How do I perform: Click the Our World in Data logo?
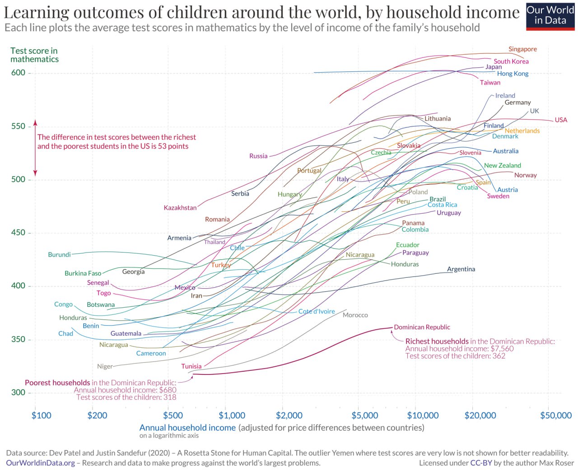[x=550, y=16]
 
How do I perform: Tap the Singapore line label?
[x=522, y=49]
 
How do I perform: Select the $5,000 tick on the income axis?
[x=364, y=416]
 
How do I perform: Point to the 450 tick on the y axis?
[x=19, y=233]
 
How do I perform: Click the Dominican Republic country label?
[x=422, y=327]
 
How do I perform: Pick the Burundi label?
[x=59, y=255]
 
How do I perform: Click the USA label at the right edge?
[x=561, y=120]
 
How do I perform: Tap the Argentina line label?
[x=461, y=269]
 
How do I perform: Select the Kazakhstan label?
[x=180, y=208]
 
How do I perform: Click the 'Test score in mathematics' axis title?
[x=34, y=55]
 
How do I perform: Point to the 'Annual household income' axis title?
[x=187, y=428]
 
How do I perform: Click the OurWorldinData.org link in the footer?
[x=41, y=463]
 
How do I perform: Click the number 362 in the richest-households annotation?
[x=499, y=356]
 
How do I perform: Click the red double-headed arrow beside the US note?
[x=35, y=148]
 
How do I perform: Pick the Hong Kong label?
[x=513, y=74]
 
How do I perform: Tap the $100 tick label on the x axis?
[x=41, y=416]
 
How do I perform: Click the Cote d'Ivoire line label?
[x=317, y=311]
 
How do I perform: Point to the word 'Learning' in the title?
[x=36, y=12]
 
